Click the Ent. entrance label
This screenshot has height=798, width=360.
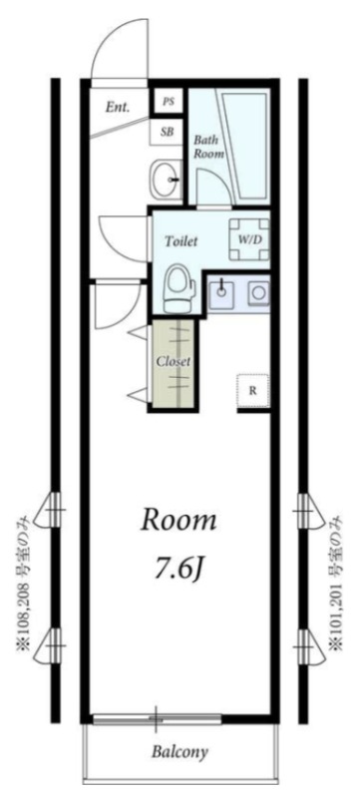pyautogui.click(x=118, y=108)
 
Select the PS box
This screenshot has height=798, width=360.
pyautogui.click(x=169, y=102)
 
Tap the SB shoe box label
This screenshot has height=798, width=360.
pyautogui.click(x=168, y=132)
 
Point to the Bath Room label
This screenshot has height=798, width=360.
pyautogui.click(x=208, y=146)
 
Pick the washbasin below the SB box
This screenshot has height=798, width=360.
pyautogui.click(x=167, y=180)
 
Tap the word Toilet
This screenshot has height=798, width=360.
pyautogui.click(x=180, y=241)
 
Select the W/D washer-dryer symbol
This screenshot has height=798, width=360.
pyautogui.click(x=249, y=239)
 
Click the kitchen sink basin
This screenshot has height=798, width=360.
pyautogui.click(x=222, y=292)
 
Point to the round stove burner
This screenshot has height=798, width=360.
pyautogui.click(x=258, y=293)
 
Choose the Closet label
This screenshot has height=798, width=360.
pyautogui.click(x=173, y=362)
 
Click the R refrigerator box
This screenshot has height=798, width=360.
pyautogui.click(x=252, y=391)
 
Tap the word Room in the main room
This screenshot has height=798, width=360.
pyautogui.click(x=178, y=522)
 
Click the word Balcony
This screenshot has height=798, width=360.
pyautogui.click(x=180, y=751)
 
